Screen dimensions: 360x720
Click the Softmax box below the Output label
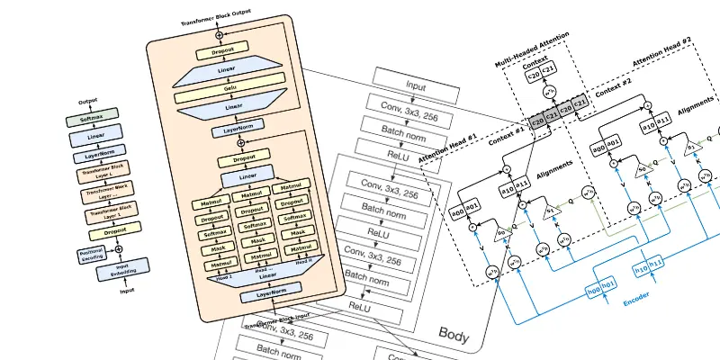[x=91, y=117]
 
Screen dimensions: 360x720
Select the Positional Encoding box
[x=93, y=255]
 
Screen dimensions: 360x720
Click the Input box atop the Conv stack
[x=415, y=86]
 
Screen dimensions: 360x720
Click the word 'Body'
[x=454, y=335]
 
